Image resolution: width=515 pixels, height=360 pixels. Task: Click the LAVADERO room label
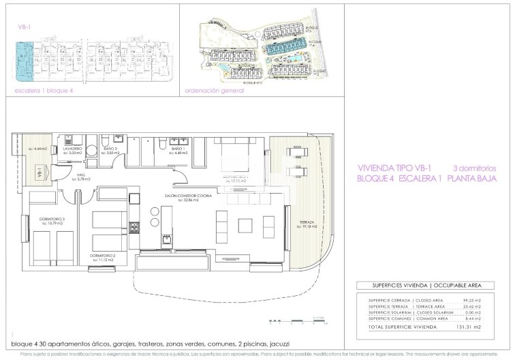pyautogui.click(x=73, y=148)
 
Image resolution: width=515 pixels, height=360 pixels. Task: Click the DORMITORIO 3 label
pyautogui.click(x=52, y=219)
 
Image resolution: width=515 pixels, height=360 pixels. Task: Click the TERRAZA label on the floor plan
pyautogui.click(x=307, y=222)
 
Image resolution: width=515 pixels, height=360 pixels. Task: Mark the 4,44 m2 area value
pyautogui.click(x=37, y=149)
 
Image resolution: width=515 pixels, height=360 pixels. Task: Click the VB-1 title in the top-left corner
pyautogui.click(x=25, y=27)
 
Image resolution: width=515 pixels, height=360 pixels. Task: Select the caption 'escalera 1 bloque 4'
pyautogui.click(x=44, y=90)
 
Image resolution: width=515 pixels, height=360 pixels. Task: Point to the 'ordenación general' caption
pyautogui.click(x=214, y=90)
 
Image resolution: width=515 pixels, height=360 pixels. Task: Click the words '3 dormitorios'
pyautogui.click(x=475, y=168)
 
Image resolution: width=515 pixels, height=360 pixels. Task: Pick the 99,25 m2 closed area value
pyautogui.click(x=472, y=300)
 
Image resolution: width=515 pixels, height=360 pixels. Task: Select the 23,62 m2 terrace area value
pyautogui.click(x=472, y=306)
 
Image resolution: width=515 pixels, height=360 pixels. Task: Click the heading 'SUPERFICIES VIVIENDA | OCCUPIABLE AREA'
pyautogui.click(x=419, y=286)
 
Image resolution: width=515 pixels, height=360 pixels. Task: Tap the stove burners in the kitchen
pyautogui.click(x=136, y=227)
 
